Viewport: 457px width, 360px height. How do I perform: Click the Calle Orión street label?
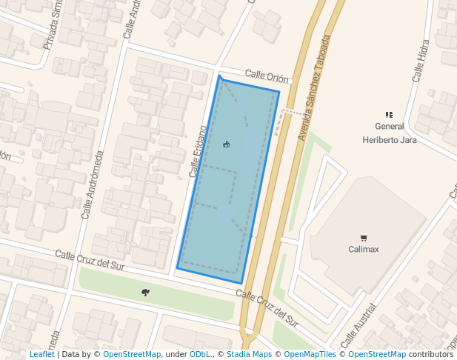(x=267, y=76)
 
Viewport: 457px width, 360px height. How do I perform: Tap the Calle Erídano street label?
(x=197, y=151)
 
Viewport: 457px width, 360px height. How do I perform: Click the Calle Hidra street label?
(x=420, y=60)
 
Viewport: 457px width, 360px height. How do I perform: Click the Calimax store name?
(x=364, y=249)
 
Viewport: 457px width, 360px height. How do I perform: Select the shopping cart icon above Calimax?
(x=364, y=238)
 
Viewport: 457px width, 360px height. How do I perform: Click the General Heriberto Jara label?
(x=389, y=133)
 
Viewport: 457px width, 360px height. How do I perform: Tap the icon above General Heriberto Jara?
(x=389, y=115)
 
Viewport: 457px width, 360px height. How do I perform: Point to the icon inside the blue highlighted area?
(x=226, y=144)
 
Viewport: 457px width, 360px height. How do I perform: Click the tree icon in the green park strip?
(x=145, y=293)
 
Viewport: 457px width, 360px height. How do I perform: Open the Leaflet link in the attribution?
(x=41, y=354)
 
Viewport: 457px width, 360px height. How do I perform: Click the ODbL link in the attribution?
(x=199, y=354)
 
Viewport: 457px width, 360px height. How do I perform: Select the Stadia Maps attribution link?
(x=249, y=354)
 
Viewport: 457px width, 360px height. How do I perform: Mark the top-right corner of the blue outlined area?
(x=278, y=92)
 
